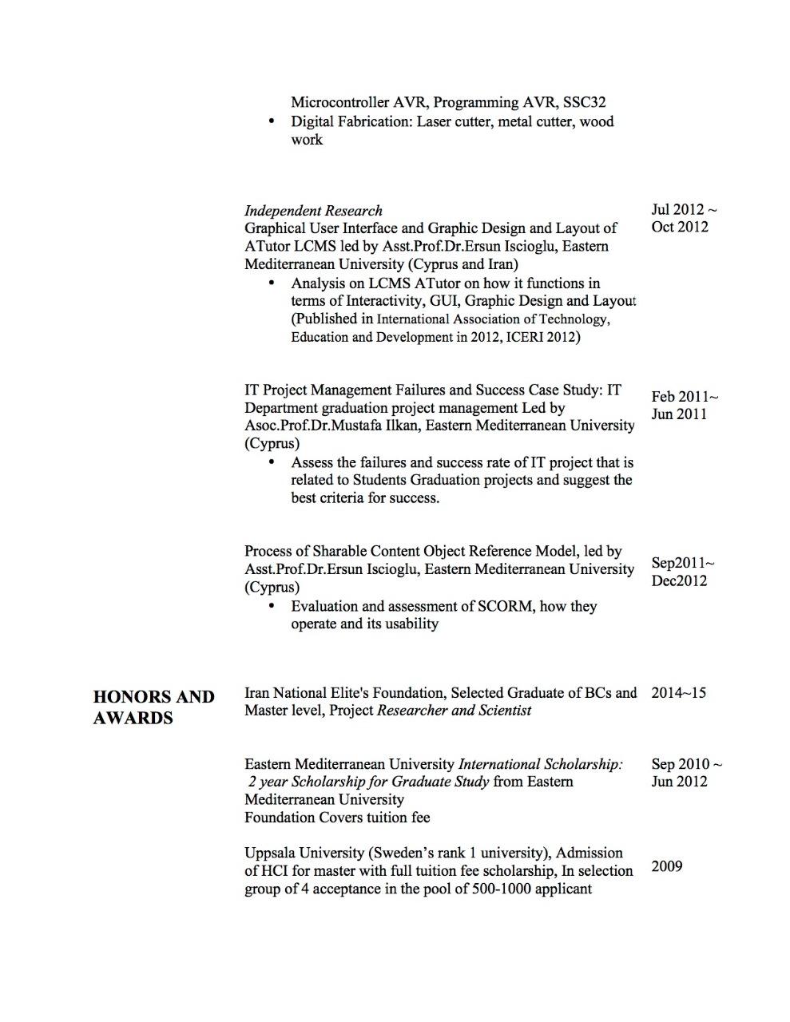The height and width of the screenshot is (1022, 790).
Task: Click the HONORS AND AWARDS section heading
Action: click(x=153, y=707)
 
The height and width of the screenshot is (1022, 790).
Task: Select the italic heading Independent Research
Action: click(x=313, y=211)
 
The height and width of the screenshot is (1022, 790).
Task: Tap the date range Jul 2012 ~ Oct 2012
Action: click(x=684, y=218)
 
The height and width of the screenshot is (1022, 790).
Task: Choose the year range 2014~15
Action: click(x=678, y=692)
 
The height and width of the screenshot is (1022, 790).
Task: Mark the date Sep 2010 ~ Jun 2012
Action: click(x=686, y=773)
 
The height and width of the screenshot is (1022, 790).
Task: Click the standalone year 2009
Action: click(x=666, y=866)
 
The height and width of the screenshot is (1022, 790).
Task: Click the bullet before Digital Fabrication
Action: click(x=272, y=122)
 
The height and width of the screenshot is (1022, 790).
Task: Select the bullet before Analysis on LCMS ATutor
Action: click(x=272, y=283)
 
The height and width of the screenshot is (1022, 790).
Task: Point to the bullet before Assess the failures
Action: click(x=272, y=462)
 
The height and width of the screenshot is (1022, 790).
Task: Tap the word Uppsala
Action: click(x=272, y=853)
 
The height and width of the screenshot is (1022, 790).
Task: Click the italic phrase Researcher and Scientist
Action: click(x=454, y=711)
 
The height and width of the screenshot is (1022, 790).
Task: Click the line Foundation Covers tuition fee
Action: click(x=337, y=818)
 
